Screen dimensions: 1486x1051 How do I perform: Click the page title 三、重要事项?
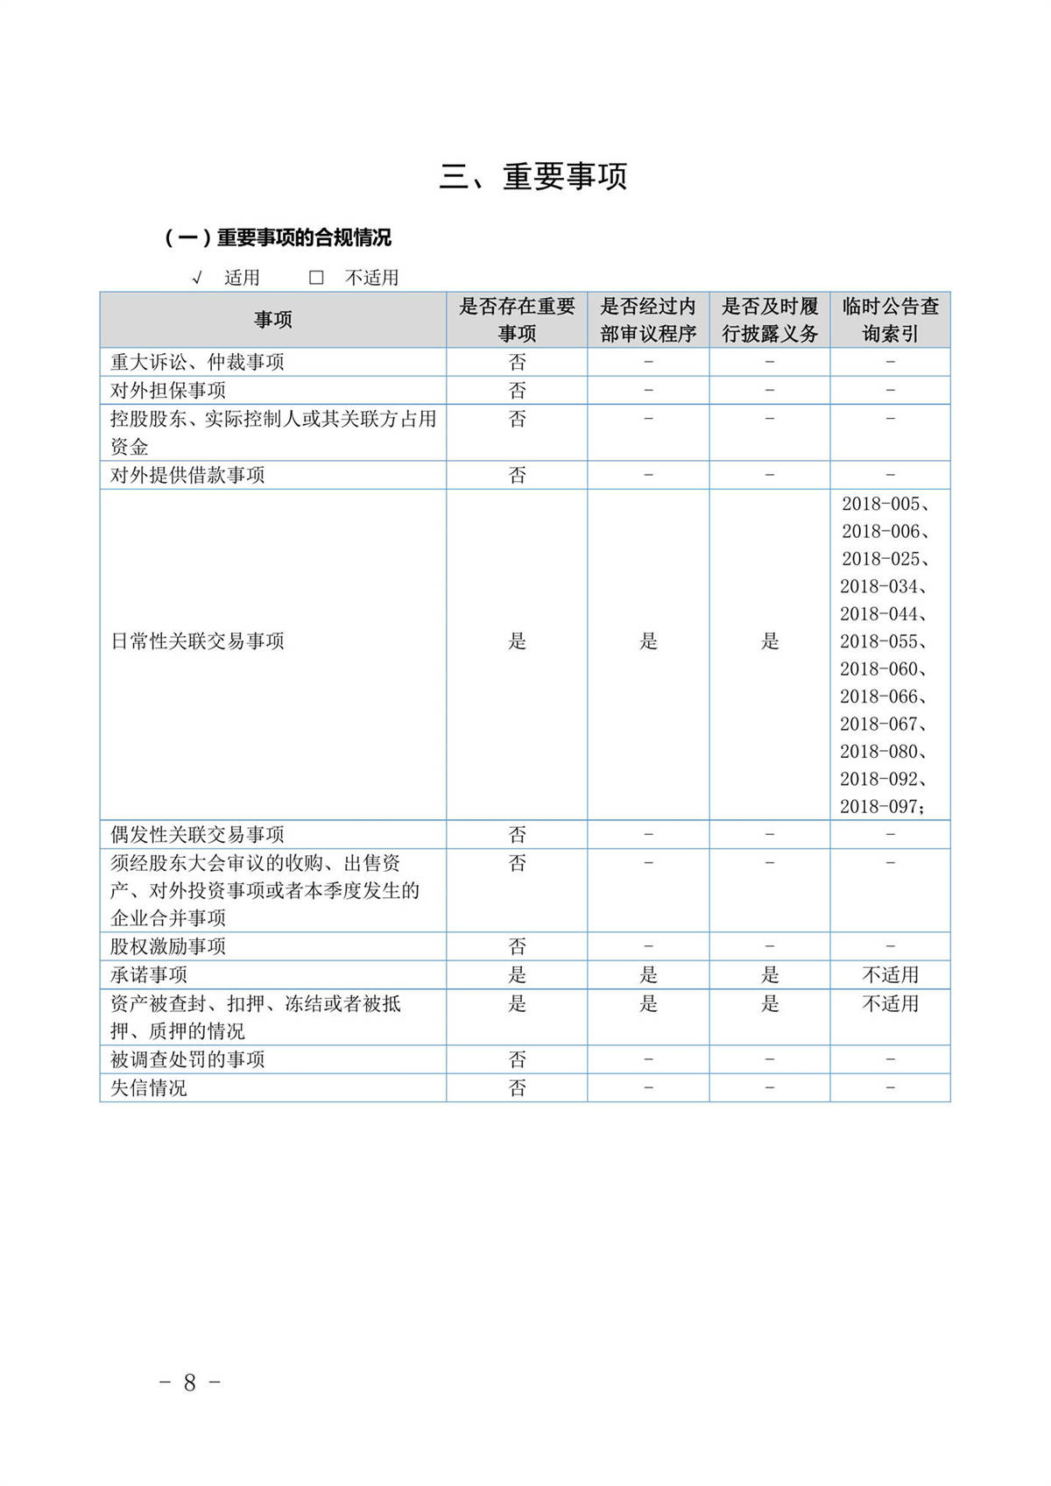[x=533, y=177]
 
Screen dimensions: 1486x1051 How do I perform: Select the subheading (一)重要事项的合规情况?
[x=278, y=237]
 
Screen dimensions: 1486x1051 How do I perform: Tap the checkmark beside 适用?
[x=197, y=278]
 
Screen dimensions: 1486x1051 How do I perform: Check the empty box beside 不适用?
[x=316, y=278]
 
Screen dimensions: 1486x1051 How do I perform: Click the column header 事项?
[x=272, y=320]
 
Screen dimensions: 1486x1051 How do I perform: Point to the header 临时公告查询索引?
[x=890, y=320]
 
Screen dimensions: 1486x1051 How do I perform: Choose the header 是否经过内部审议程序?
[x=648, y=320]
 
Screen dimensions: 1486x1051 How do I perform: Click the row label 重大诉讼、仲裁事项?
[x=197, y=362]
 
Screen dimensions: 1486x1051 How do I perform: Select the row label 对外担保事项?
[x=168, y=390]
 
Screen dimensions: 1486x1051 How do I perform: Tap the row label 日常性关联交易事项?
[x=197, y=641]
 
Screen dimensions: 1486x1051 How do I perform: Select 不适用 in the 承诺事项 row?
[x=890, y=975]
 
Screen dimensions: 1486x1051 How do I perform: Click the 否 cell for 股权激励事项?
[x=517, y=946]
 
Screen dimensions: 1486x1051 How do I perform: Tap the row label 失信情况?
[x=149, y=1088]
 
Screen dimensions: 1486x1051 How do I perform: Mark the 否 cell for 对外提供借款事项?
[x=517, y=475]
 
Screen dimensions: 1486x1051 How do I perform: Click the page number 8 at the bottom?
[x=189, y=1383]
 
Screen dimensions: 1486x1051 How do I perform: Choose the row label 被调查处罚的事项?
[x=187, y=1060]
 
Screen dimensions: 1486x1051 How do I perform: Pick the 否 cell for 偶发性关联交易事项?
[x=517, y=834]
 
